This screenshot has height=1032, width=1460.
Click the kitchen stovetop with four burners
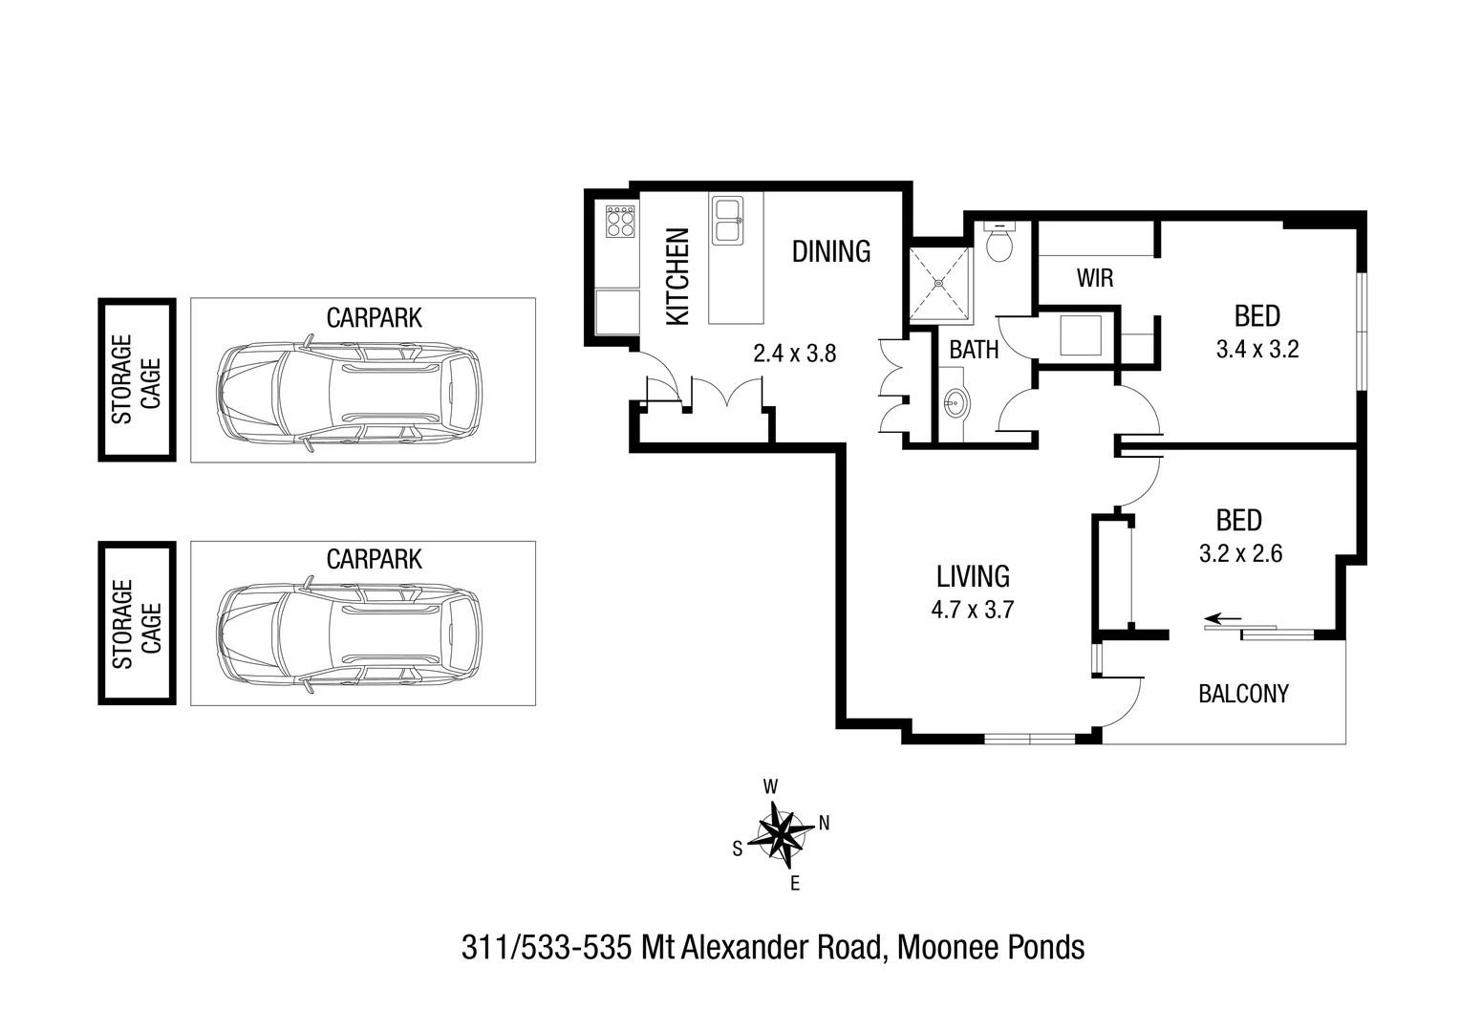[620, 222]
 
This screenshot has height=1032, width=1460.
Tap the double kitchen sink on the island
[727, 221]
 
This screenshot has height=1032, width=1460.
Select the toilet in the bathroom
[999, 243]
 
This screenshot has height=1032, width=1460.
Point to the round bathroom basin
[955, 405]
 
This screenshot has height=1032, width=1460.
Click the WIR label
[1095, 278]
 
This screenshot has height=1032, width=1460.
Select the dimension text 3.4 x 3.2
[1256, 350]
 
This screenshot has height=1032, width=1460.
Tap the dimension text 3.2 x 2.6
[1240, 553]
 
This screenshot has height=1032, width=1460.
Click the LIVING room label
[973, 576]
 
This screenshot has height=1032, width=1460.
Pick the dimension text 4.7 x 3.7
[973, 609]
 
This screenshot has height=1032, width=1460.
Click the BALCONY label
[1243, 694]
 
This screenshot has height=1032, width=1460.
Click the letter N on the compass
[824, 823]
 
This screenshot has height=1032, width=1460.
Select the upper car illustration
[350, 392]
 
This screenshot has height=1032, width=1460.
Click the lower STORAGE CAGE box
[137, 623]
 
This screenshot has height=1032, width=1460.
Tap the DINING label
[831, 251]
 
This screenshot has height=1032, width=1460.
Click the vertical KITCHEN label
[677, 276]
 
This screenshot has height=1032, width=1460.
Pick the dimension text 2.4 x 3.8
[794, 354]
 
